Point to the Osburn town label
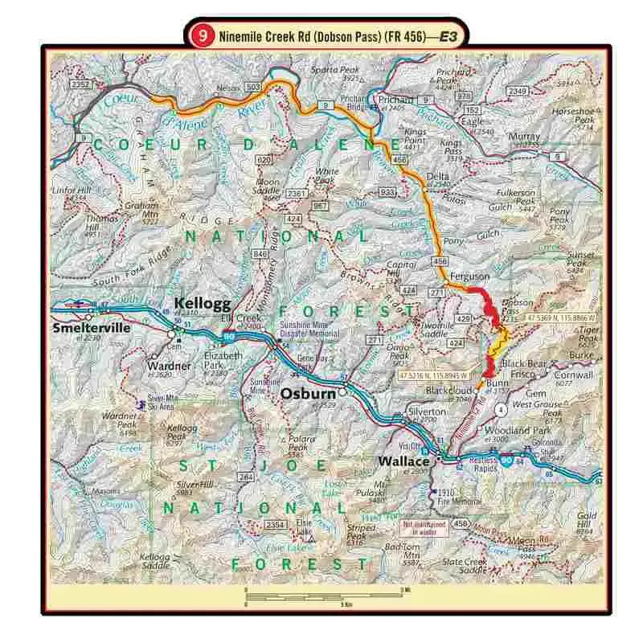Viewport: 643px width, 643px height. point(306,394)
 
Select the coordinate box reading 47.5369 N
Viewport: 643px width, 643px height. point(562,318)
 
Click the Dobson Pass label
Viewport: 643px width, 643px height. point(517,309)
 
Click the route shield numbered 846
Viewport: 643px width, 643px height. point(260,254)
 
